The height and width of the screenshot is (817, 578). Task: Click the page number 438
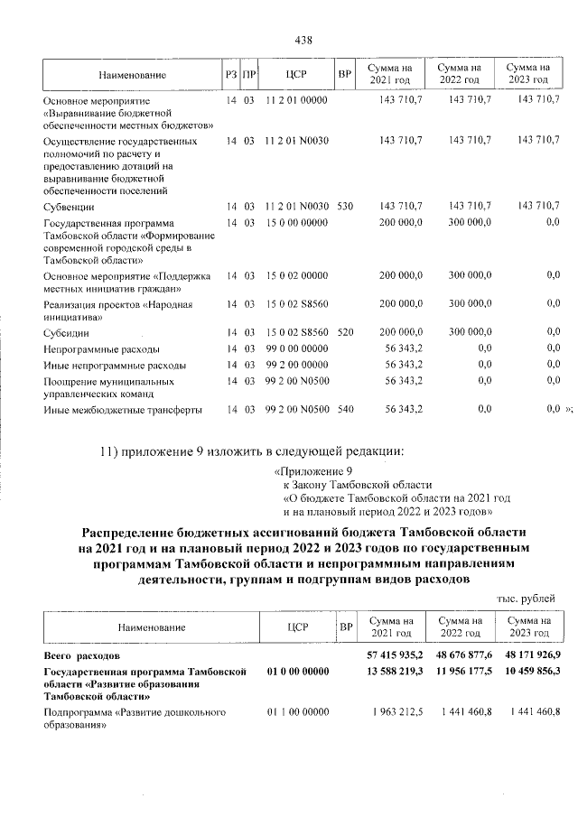click(x=303, y=40)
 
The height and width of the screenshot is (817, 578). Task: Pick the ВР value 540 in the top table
click(x=344, y=410)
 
